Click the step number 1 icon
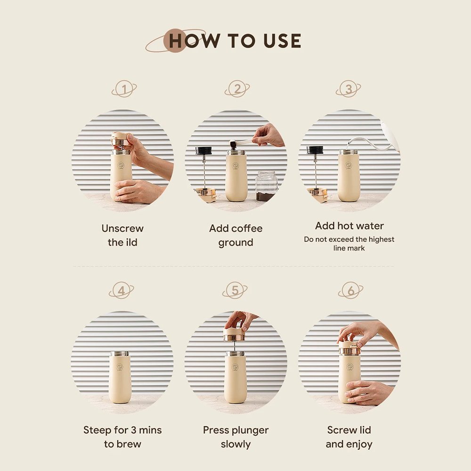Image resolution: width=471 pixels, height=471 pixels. [124, 89]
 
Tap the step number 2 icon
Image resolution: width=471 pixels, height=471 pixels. [237, 89]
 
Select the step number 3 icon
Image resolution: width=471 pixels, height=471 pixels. [349, 89]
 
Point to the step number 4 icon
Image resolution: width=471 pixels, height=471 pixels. [122, 290]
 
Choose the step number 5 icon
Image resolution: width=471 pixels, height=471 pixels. [235, 290]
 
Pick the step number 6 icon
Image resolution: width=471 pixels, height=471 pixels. [350, 290]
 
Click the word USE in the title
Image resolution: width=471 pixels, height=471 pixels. [282, 41]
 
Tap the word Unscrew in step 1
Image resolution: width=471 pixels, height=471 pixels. [122, 228]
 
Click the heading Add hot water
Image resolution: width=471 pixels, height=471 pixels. [349, 226]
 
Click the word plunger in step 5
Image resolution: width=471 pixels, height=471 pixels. [251, 430]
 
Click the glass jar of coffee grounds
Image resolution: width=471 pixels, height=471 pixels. [266, 186]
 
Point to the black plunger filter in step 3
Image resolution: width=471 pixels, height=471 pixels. [315, 150]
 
